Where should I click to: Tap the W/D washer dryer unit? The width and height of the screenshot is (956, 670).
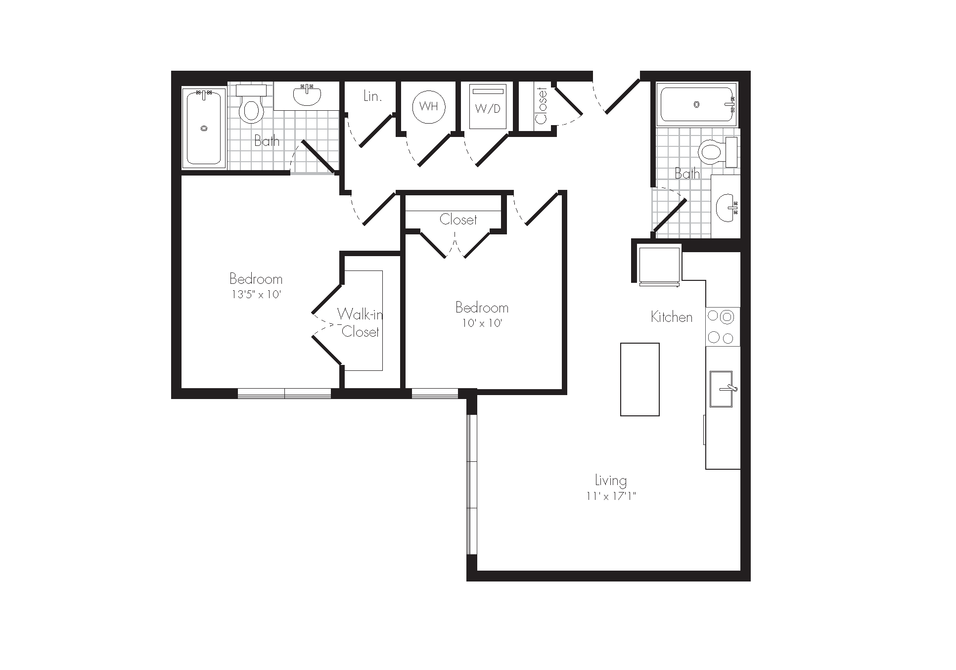[x=488, y=106]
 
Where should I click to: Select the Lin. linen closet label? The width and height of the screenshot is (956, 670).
[x=372, y=96]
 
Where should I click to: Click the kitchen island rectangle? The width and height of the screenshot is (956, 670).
[x=640, y=379]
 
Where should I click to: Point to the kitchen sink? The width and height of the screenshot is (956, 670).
[x=721, y=389]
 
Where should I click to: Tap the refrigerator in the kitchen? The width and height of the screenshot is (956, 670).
[x=659, y=266]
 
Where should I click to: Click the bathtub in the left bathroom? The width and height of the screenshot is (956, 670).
[x=204, y=127]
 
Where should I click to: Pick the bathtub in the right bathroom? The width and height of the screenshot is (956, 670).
[x=696, y=105]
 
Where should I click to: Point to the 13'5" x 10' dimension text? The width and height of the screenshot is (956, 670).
[x=256, y=295]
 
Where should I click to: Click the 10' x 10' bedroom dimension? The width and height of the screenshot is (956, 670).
[x=482, y=323]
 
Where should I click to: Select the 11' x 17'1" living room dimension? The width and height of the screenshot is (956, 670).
[x=611, y=496]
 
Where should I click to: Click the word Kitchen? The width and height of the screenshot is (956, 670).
[x=672, y=317]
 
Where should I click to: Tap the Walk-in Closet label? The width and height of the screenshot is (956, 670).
[x=360, y=322]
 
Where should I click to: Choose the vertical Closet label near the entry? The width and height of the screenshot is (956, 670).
[x=541, y=106]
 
